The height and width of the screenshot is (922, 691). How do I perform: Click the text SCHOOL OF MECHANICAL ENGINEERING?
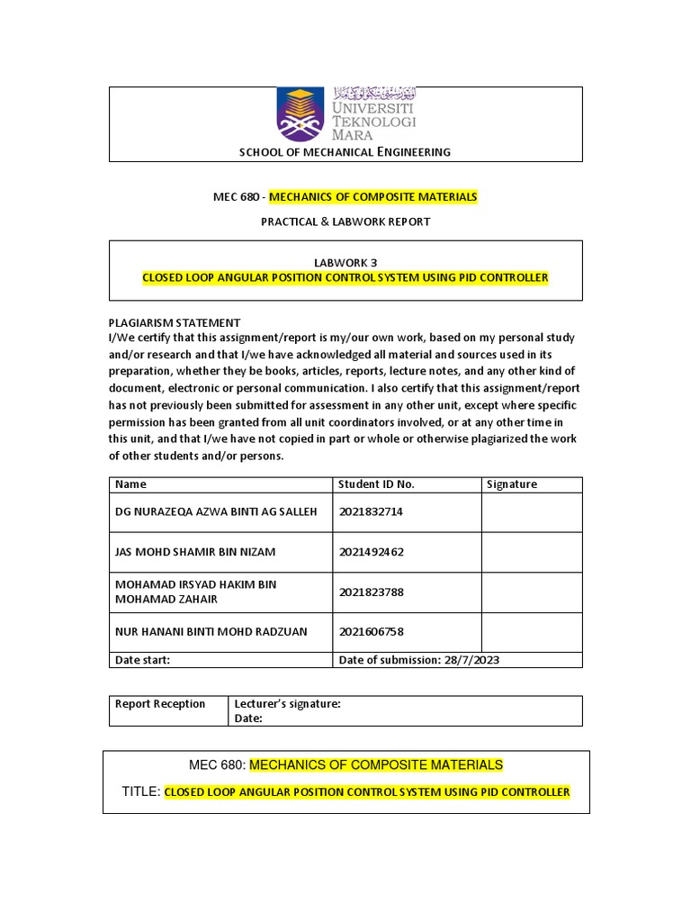pos(345,152)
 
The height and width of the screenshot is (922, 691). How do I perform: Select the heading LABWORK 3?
pos(345,261)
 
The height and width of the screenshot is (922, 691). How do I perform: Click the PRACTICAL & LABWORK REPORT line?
pos(345,221)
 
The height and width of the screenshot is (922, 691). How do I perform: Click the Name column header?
pos(130,484)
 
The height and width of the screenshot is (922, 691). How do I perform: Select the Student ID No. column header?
pos(376,484)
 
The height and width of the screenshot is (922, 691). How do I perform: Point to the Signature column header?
pos(511,484)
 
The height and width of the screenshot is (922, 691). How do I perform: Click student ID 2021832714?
pos(372,512)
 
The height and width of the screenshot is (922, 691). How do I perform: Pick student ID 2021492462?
pos(372,552)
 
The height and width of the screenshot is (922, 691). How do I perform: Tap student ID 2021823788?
pos(372,592)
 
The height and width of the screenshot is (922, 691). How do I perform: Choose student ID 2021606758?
pos(372,632)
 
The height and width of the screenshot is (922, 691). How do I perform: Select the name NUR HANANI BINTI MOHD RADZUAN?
pos(211,632)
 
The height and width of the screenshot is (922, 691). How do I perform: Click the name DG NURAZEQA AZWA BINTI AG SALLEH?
pos(216,512)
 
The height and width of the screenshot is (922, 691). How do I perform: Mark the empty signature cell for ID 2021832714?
pos(531,512)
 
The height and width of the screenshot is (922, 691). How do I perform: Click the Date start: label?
pos(142,660)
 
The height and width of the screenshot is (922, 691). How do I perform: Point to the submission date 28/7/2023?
pos(471,660)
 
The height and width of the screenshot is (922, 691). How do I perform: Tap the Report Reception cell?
pos(160,704)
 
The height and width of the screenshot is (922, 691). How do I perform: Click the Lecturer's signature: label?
pos(287,704)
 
